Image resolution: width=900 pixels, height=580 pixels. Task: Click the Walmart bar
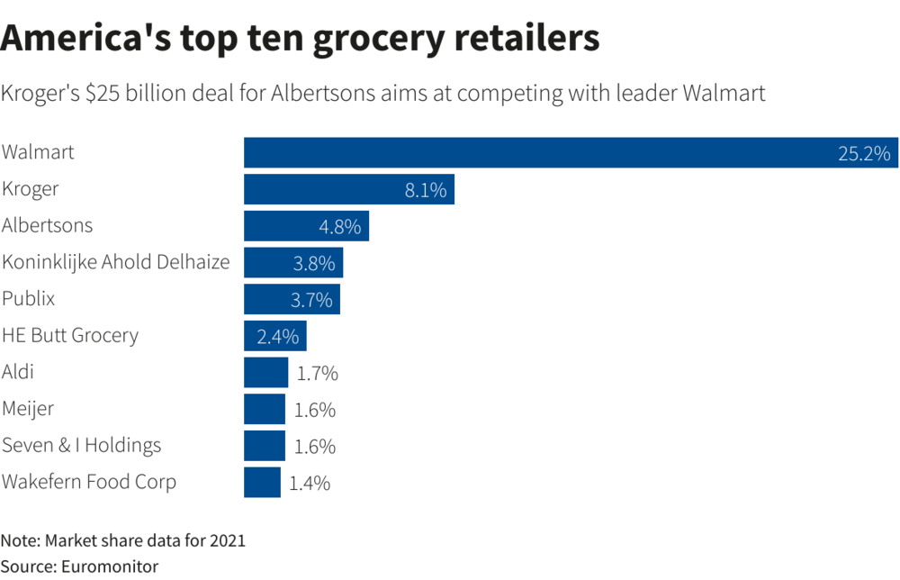(x=540, y=152)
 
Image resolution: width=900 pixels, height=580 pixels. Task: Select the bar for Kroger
(x=349, y=189)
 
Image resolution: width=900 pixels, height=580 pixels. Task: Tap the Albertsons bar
(x=306, y=226)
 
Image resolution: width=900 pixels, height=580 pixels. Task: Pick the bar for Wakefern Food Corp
(x=262, y=482)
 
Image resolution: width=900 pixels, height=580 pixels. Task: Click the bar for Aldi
(x=265, y=372)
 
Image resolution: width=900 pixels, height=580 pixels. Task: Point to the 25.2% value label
(x=863, y=153)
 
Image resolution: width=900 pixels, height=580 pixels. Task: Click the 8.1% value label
(x=426, y=190)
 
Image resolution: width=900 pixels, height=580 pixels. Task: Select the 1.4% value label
(x=310, y=483)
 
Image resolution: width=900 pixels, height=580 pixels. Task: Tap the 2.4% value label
(x=277, y=337)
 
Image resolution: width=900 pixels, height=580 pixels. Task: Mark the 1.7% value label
(x=317, y=373)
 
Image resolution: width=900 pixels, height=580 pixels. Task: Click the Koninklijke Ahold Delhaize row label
(x=116, y=262)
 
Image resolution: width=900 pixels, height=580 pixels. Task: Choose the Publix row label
(x=29, y=298)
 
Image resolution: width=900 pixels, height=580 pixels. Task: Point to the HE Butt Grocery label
(x=70, y=335)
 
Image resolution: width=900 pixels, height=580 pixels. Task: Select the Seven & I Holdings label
(x=82, y=445)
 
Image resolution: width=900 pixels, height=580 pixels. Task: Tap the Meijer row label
(x=28, y=409)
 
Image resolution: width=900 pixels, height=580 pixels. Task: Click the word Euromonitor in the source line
(x=109, y=566)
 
